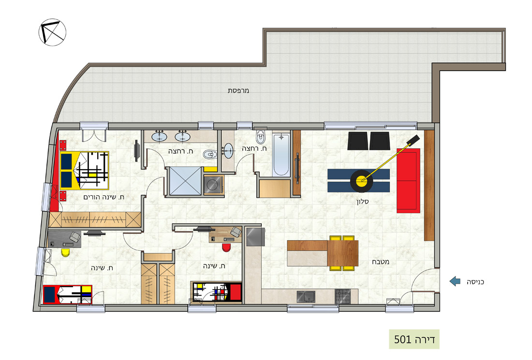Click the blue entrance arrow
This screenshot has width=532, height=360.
(455, 281)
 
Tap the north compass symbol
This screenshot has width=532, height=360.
(52, 32)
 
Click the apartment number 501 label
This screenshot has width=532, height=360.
(414, 339)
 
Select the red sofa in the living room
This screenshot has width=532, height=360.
(409, 180)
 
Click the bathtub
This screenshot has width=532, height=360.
(281, 155)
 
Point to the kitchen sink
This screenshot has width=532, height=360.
(306, 297)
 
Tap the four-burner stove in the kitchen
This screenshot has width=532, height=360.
(343, 296)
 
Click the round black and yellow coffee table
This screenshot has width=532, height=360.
(362, 181)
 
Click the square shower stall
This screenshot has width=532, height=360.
(185, 181)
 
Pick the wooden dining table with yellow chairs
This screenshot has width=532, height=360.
(343, 253)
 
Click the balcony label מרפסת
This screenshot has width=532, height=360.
(238, 90)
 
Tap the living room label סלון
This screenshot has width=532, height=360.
(362, 202)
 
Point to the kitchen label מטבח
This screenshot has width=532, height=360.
(380, 262)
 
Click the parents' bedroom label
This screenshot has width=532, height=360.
(104, 197)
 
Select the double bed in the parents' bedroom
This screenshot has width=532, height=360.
(85, 171)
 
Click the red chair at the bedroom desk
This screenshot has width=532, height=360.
(227, 247)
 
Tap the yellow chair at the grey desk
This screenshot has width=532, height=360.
(65, 252)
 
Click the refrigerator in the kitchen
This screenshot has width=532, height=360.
(255, 237)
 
